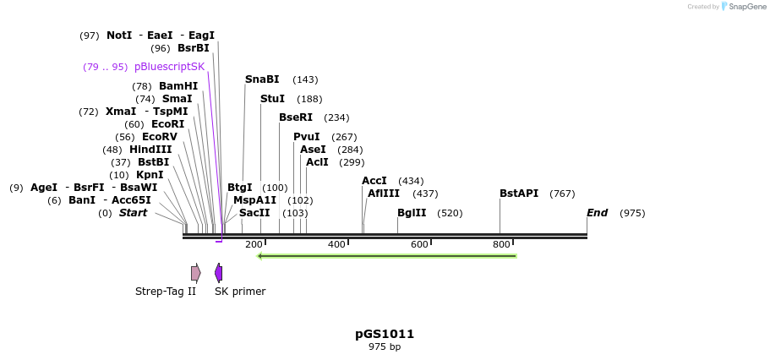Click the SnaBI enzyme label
(x=261, y=79)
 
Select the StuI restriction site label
(x=272, y=99)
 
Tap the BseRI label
(x=295, y=117)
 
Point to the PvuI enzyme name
(x=306, y=137)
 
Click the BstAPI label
(x=518, y=194)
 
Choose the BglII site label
(x=411, y=213)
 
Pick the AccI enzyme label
(x=374, y=181)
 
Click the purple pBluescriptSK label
(x=169, y=67)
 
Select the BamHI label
(x=177, y=86)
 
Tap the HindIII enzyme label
(x=150, y=150)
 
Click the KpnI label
(x=149, y=175)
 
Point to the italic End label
(x=597, y=213)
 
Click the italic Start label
(x=133, y=213)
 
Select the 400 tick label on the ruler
(x=336, y=245)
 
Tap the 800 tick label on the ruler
(x=501, y=245)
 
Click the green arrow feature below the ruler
(x=387, y=256)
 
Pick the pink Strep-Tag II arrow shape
(x=195, y=273)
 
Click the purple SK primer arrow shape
(x=218, y=273)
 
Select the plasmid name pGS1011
(x=385, y=334)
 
